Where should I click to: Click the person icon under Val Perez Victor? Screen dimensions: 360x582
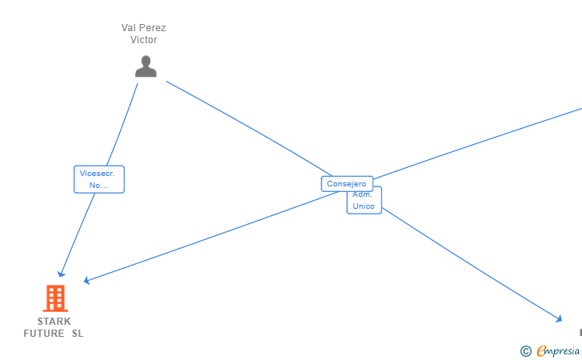[145, 66]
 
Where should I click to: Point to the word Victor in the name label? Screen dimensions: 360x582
[144, 40]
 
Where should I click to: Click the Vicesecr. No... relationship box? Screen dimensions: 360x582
[99, 179]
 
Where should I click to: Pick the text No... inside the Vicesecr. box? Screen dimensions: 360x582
[98, 186]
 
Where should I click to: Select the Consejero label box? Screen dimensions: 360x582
[347, 184]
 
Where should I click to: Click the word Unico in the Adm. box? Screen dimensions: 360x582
[364, 206]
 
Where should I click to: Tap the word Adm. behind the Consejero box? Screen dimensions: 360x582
[363, 194]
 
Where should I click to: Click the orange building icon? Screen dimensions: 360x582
[54, 298]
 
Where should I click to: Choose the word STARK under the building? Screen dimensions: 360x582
[54, 322]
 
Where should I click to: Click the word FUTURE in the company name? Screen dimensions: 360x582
[44, 334]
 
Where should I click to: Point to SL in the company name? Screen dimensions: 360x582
[78, 334]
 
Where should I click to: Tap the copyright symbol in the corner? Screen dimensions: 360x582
[525, 350]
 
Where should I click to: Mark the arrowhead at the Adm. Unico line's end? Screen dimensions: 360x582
[559, 319]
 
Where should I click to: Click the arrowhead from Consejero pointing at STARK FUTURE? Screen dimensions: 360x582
[87, 280]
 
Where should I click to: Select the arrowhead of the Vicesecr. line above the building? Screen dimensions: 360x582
[62, 274]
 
